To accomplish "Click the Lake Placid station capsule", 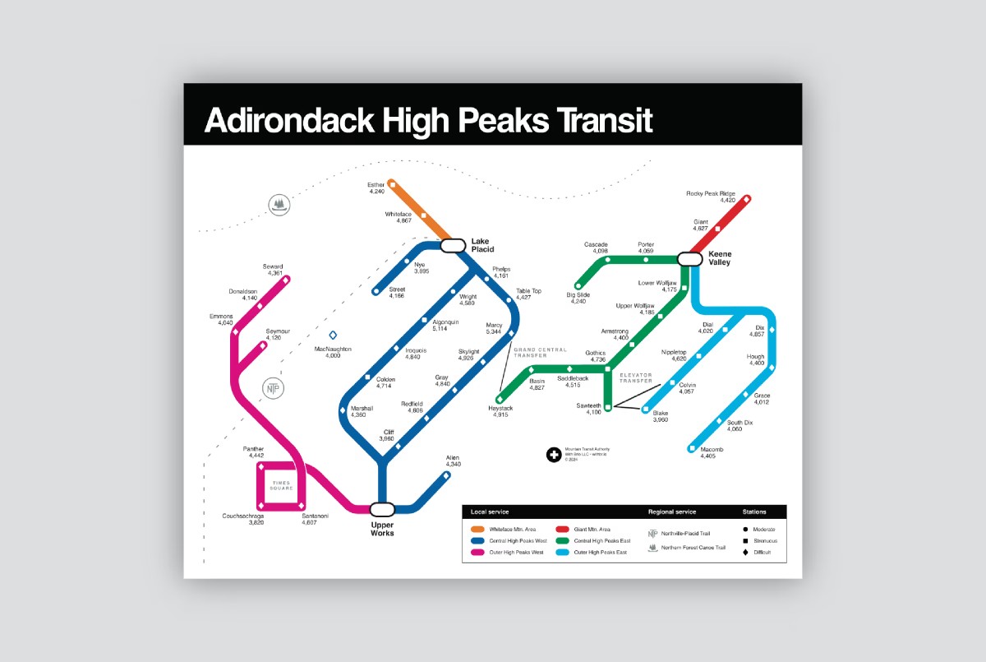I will (453, 245).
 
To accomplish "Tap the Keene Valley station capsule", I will (689, 258).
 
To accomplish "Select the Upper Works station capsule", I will (382, 509).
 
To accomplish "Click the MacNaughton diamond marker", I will (333, 335).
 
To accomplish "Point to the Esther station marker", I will (392, 183).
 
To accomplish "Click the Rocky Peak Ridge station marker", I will (747, 199).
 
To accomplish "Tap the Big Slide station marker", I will (578, 286).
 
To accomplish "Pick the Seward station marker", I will (286, 280).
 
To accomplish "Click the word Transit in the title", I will (597, 120).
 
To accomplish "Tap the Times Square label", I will (282, 486).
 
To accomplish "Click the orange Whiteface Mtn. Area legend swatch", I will (477, 529).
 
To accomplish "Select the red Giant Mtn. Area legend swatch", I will (564, 529).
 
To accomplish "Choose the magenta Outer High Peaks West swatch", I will (477, 552).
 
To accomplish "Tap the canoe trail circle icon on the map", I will (280, 204).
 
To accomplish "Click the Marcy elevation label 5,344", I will (493, 332).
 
